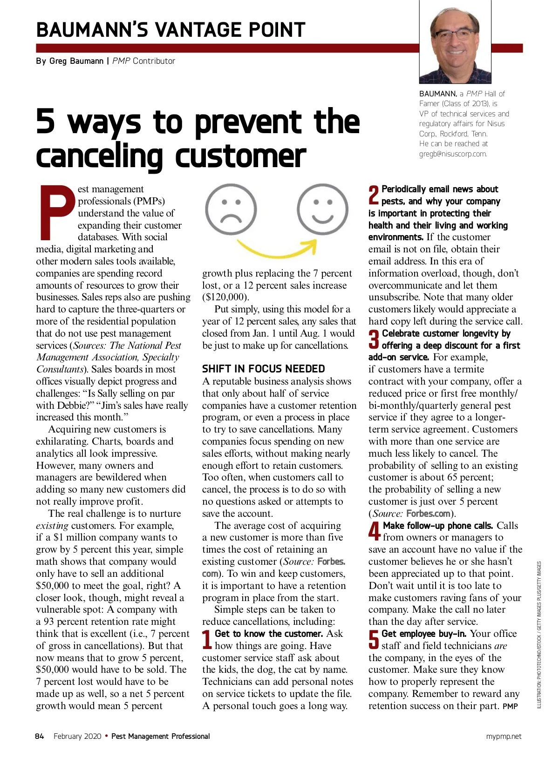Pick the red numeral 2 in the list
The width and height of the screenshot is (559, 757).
[374, 195]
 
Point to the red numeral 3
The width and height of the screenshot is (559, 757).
[374, 339]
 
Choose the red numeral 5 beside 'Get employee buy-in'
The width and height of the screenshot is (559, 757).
[374, 640]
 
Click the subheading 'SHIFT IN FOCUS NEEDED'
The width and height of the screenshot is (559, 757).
[263, 369]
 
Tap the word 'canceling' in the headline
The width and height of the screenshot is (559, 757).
[99, 156]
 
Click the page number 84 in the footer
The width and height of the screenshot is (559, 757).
[40, 737]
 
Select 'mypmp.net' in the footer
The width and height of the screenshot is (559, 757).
[504, 737]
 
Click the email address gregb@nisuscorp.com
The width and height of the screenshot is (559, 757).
[453, 154]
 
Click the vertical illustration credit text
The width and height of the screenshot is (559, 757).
[539, 635]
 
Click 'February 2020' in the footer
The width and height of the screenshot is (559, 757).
[77, 737]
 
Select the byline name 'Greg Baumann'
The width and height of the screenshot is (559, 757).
[76, 61]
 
